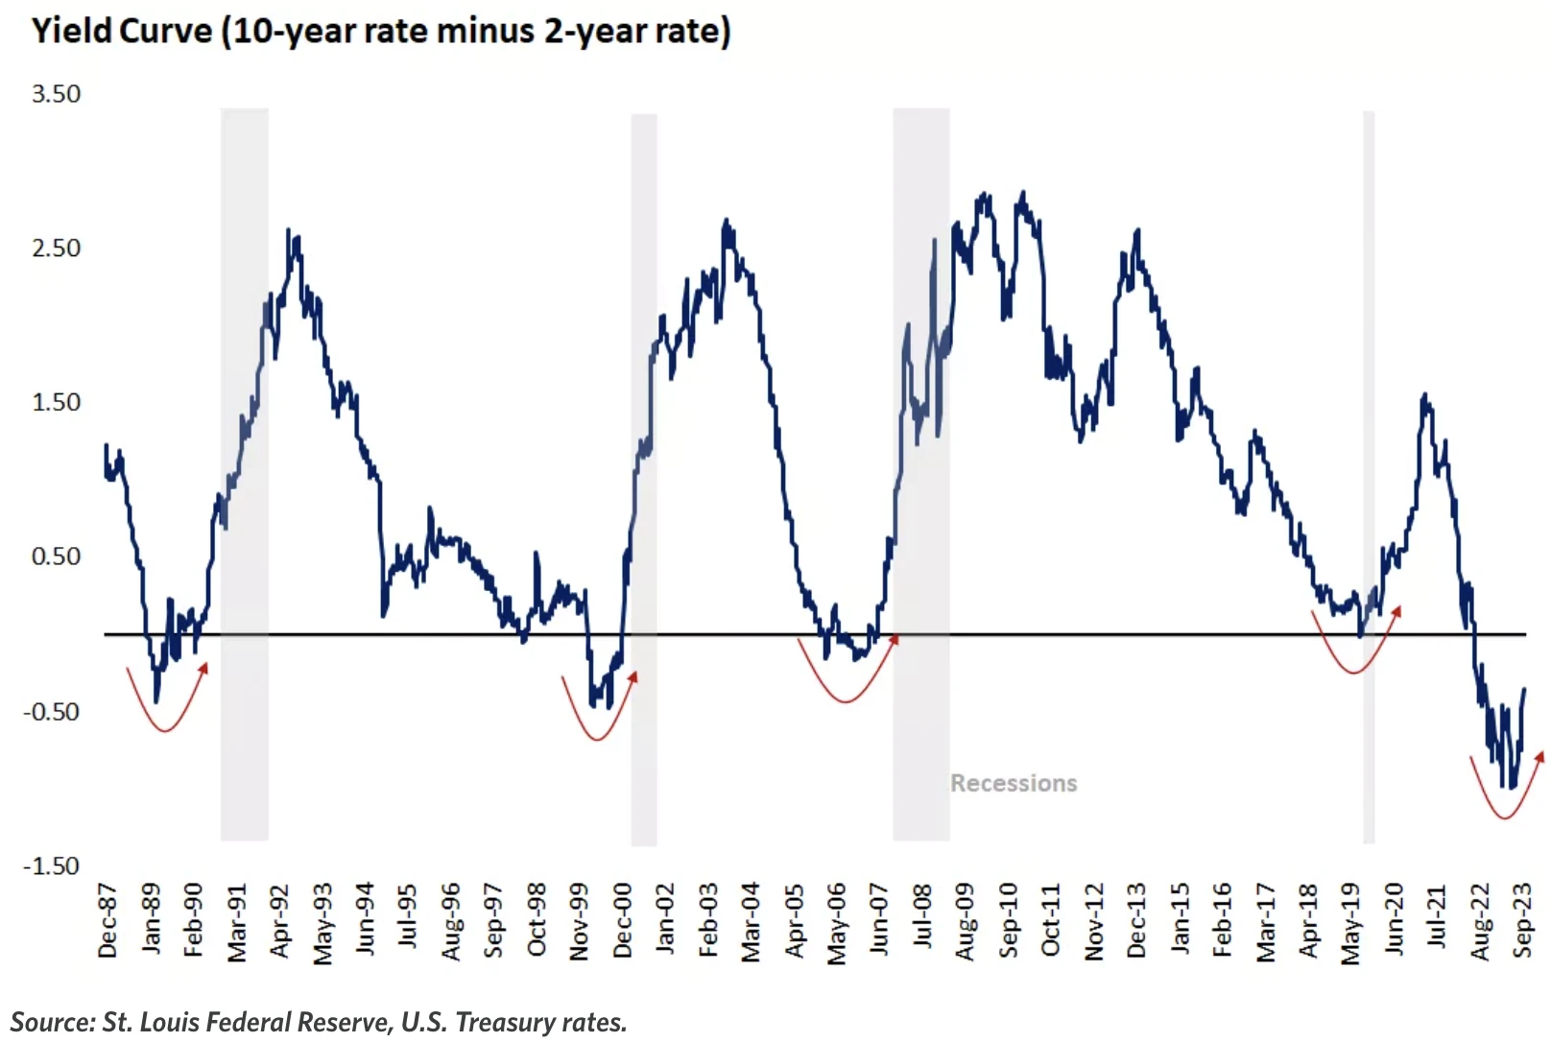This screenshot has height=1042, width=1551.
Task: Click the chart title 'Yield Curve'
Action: pyautogui.click(x=122, y=31)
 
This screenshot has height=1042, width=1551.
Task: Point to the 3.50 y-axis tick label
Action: pyautogui.click(x=56, y=94)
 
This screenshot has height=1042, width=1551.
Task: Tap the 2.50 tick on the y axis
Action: pyautogui.click(x=56, y=248)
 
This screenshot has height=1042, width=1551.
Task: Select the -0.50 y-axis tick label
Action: pyautogui.click(x=52, y=712)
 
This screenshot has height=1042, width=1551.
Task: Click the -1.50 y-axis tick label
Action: pyautogui.click(x=52, y=866)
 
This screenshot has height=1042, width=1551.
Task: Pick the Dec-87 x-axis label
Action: pyautogui.click(x=107, y=921)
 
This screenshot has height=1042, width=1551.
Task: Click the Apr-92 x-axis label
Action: pyautogui.click(x=279, y=921)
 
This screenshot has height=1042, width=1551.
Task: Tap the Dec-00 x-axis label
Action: pyautogui.click(x=623, y=921)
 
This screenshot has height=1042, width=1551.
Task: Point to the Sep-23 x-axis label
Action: pyautogui.click(x=1523, y=921)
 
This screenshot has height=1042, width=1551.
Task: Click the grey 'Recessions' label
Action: pyautogui.click(x=1014, y=783)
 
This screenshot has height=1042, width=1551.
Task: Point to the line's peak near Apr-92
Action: pyautogui.click(x=289, y=231)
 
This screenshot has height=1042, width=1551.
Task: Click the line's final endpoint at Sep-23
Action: pyautogui.click(x=1524, y=690)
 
